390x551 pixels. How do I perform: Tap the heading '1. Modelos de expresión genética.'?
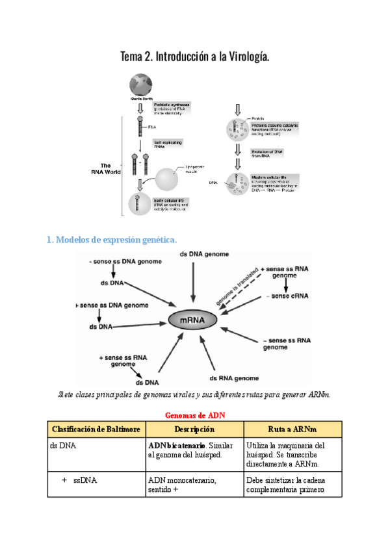(x=112, y=240)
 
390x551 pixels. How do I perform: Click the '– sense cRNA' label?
(x=287, y=296)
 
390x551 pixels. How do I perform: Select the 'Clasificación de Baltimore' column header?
(x=96, y=429)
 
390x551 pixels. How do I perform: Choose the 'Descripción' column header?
(x=194, y=429)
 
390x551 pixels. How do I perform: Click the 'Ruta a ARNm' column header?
(x=292, y=429)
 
